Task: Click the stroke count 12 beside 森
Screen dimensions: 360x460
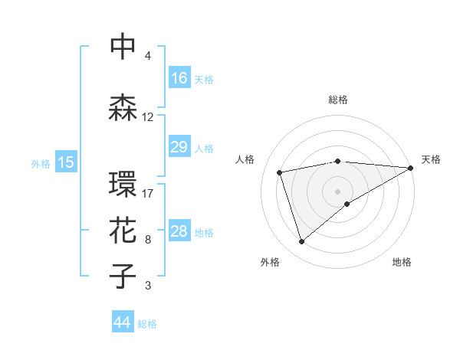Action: [x=148, y=117]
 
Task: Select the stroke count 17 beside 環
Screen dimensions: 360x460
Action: [x=148, y=193]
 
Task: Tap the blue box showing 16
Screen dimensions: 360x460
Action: [x=179, y=78]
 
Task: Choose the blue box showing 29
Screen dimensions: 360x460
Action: [x=179, y=147]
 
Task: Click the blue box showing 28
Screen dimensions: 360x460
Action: [x=179, y=232]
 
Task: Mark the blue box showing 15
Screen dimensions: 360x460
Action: [x=66, y=162]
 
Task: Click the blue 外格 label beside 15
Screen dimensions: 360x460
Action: [x=41, y=163]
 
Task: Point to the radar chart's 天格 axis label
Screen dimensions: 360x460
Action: [x=432, y=159]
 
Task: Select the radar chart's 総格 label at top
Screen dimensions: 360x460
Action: [x=338, y=100]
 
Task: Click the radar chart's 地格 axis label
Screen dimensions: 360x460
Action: [x=402, y=263]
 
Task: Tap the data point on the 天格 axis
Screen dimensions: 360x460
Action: [x=412, y=168]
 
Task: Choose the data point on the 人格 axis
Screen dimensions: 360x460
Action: [x=281, y=172]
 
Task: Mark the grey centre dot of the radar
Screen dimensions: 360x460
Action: [x=338, y=191]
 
